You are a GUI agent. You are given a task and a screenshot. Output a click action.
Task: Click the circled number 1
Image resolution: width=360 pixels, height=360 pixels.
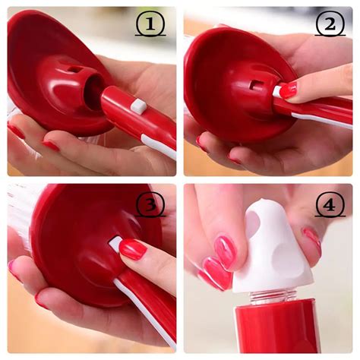coord(150,24)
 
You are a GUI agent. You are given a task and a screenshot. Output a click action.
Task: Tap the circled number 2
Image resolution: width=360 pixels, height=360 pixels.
coord(330,24)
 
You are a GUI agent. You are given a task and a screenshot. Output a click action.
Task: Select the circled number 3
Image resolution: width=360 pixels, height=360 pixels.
coord(150,204)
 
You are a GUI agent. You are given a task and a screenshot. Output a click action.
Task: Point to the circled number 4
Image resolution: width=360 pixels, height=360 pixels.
coord(330,204)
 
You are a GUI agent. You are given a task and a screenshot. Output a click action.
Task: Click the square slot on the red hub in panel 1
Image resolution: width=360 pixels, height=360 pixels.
coord(75,69)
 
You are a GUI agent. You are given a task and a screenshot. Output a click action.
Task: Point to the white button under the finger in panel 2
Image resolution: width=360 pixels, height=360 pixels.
coord(277,91)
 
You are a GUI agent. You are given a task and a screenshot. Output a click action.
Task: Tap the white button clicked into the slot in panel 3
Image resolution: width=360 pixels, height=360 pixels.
coord(115,244)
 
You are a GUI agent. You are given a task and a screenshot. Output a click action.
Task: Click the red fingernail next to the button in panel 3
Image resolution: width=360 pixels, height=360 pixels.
coord(132,249)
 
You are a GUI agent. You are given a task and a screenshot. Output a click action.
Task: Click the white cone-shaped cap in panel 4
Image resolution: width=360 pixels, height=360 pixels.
coord(272,247)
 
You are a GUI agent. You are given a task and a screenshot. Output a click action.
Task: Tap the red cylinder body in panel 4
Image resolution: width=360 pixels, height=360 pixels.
coord(276,326)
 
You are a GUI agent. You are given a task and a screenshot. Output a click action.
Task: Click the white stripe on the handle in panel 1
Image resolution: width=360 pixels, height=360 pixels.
coord(159,147)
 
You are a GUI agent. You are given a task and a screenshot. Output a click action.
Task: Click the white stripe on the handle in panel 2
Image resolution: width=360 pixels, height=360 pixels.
coord(321,121)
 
